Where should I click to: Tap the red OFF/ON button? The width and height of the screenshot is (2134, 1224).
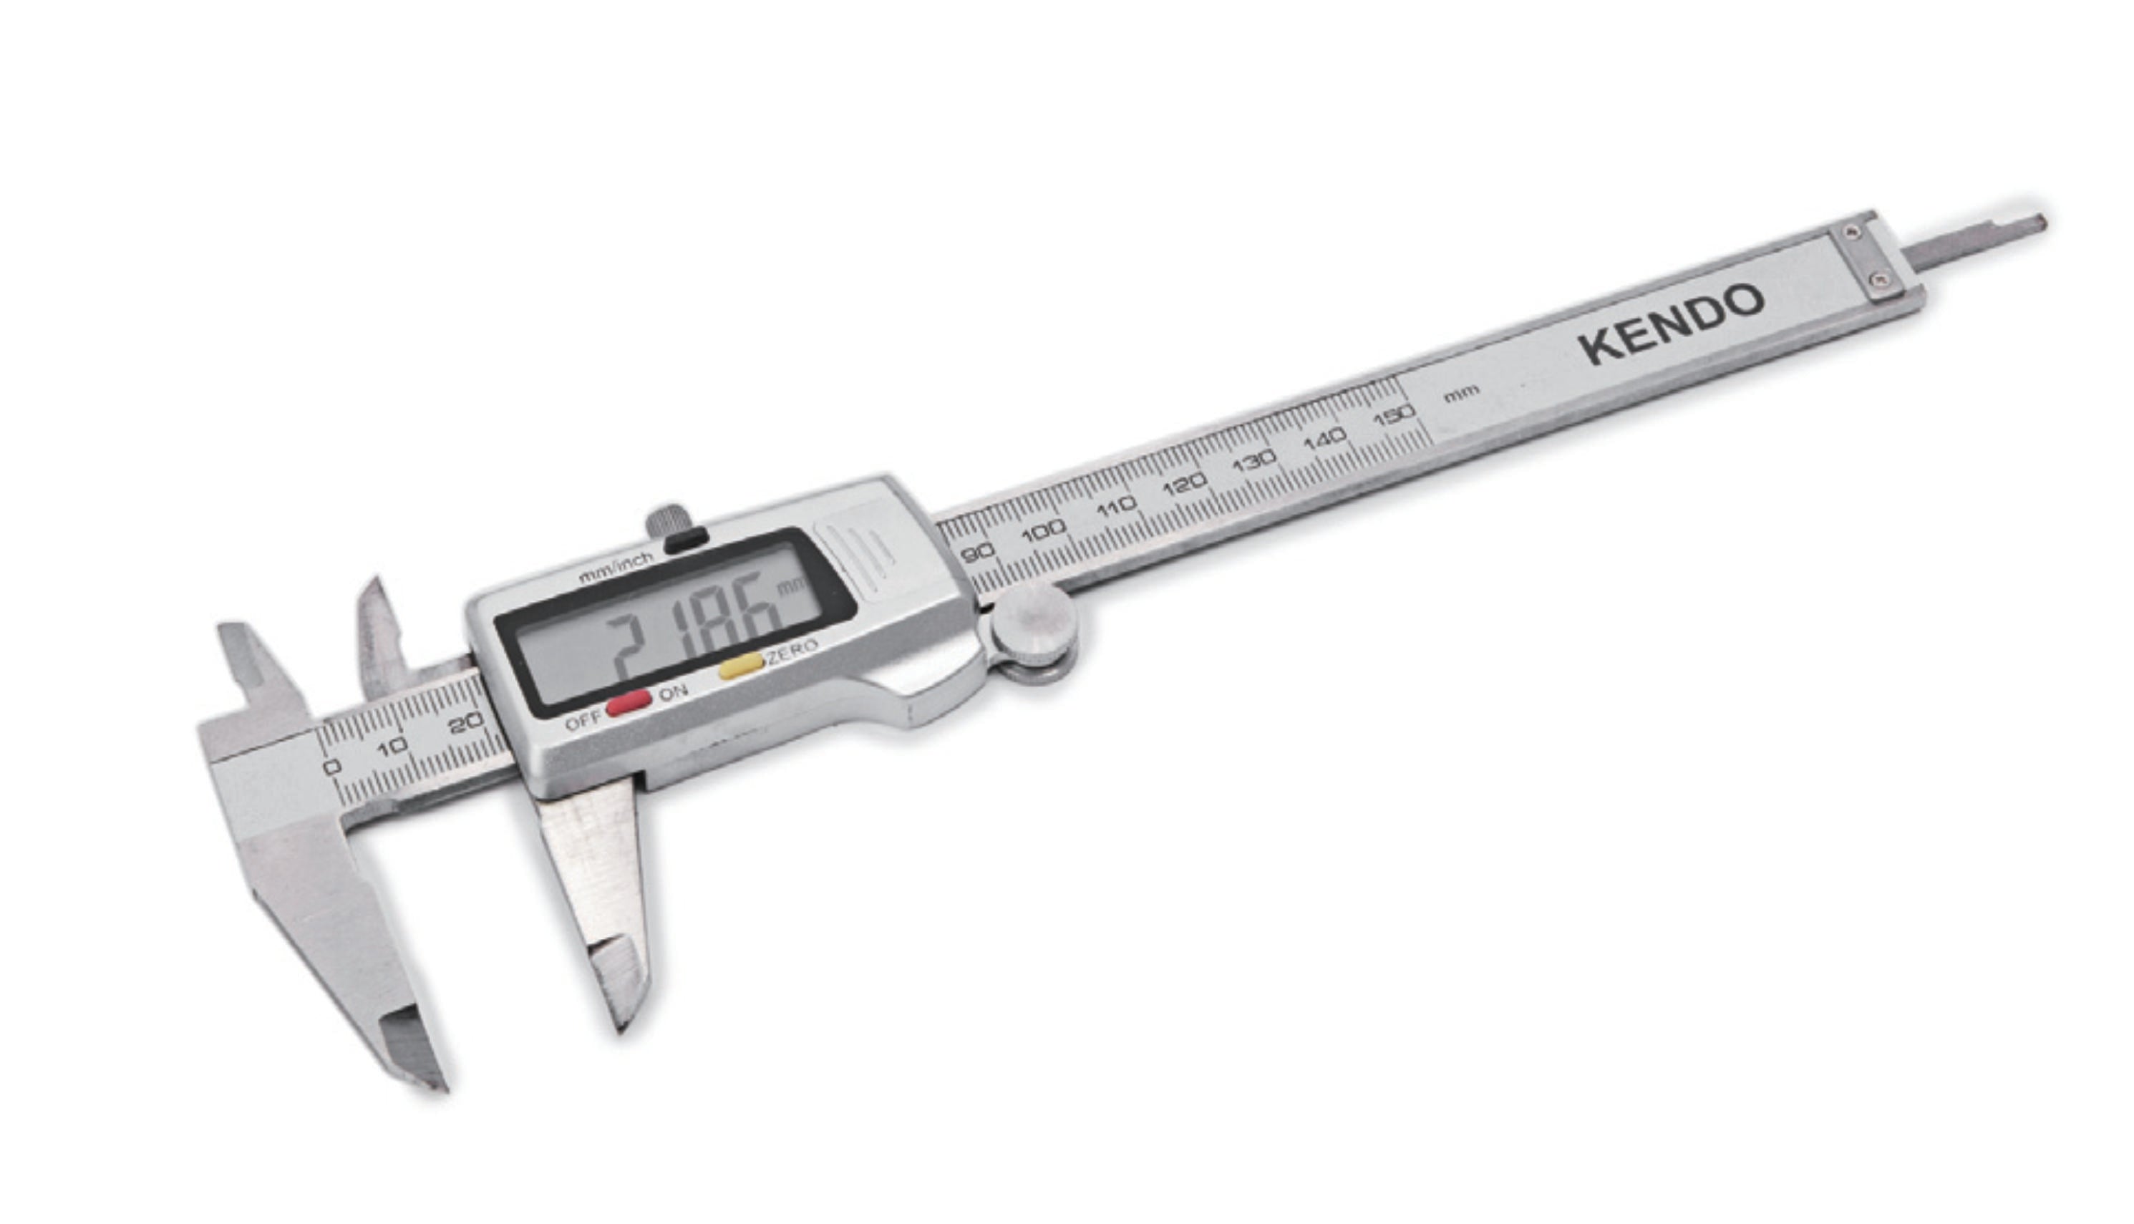[x=628, y=703]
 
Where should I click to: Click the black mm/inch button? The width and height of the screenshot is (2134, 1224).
[x=686, y=540]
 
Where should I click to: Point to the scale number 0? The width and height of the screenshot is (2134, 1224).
[x=332, y=767]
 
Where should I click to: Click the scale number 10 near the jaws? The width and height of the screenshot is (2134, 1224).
[x=392, y=747]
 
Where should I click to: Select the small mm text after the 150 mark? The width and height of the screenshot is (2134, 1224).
[x=1462, y=392]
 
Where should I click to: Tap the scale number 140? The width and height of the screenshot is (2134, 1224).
[x=1326, y=439]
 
